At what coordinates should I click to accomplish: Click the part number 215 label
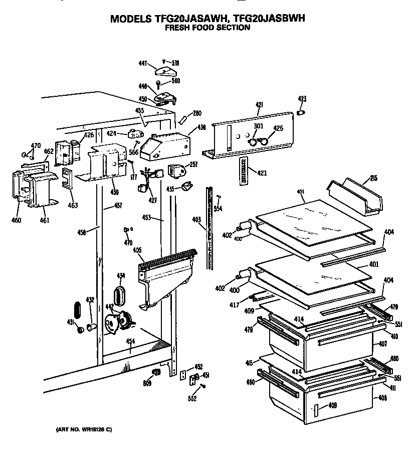(x=373, y=178)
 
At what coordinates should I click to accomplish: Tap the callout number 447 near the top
(x=142, y=63)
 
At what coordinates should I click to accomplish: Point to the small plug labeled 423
(x=301, y=112)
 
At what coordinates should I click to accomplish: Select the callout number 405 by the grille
(x=137, y=250)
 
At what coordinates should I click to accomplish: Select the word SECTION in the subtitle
(x=233, y=28)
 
